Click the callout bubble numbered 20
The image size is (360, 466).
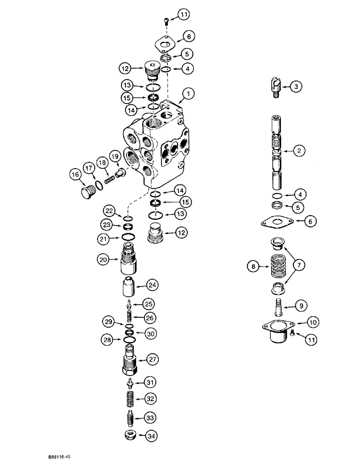(x=104, y=259)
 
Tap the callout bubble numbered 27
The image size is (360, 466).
(x=152, y=359)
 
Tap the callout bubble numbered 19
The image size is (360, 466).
(x=115, y=155)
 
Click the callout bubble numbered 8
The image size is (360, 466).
(x=254, y=267)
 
